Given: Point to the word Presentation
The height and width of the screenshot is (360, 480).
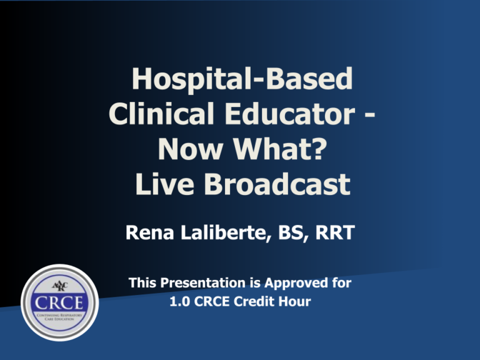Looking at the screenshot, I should click(x=202, y=284).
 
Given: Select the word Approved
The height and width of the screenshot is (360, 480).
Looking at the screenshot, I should click(x=298, y=284).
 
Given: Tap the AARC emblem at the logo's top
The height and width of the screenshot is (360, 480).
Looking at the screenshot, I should click(x=60, y=285).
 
